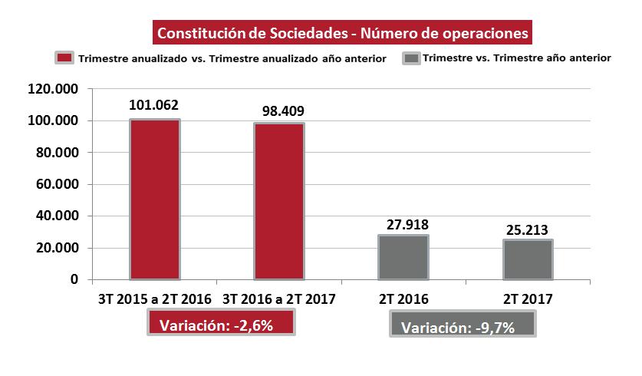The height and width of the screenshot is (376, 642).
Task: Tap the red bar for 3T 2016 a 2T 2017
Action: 279,202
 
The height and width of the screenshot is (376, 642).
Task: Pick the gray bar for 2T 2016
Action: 403,257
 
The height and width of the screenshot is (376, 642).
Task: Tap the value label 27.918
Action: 403,224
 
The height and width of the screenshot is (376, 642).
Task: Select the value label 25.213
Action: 528,229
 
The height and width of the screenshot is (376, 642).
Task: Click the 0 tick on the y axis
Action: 74,279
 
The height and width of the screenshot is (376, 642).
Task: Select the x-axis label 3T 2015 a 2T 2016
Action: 155,298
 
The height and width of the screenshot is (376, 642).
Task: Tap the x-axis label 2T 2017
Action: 528,298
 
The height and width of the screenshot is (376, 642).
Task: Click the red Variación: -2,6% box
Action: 222,323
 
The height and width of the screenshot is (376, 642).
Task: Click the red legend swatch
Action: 64,58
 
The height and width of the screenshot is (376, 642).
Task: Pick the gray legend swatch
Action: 412,58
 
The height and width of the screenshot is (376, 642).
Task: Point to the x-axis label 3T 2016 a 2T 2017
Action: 279,298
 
